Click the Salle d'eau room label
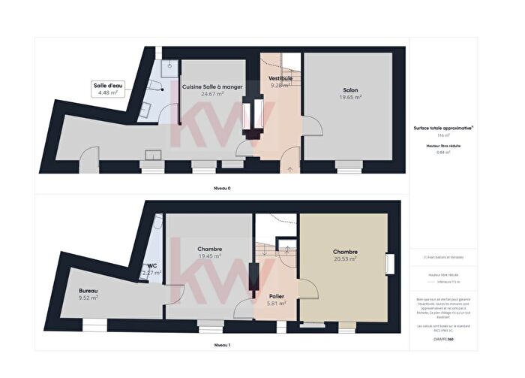click(x=108, y=86)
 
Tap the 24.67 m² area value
click(x=212, y=95)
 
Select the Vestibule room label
click(x=280, y=78)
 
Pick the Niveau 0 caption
click(x=222, y=188)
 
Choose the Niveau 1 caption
click(x=222, y=345)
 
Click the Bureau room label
click(x=88, y=290)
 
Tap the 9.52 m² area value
click(x=88, y=298)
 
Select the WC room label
click(x=151, y=265)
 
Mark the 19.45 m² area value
click(x=209, y=256)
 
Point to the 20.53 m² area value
click(x=345, y=259)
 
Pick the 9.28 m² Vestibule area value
click(x=280, y=85)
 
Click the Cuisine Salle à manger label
click(x=212, y=87)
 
